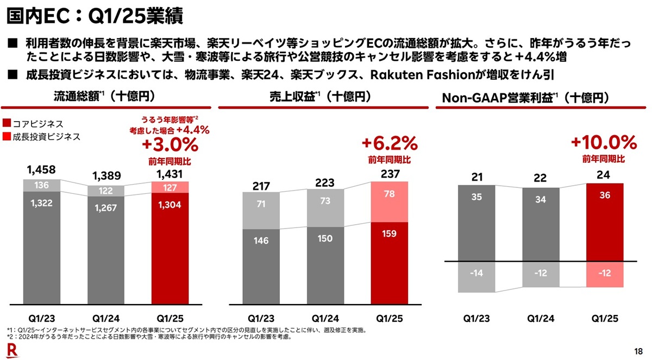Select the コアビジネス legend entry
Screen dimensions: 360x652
click(x=37, y=124)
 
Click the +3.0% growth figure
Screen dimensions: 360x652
click(x=170, y=146)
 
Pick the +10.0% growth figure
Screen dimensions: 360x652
click(x=603, y=143)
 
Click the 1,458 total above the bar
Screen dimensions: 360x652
click(x=41, y=170)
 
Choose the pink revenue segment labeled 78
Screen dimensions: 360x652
click(x=390, y=201)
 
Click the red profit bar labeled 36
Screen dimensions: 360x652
click(x=604, y=222)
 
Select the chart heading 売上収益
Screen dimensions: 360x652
click(x=321, y=97)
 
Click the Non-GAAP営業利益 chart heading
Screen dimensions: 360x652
click(x=525, y=98)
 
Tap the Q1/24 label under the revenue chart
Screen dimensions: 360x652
click(x=325, y=318)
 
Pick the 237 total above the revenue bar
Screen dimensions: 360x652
click(x=390, y=174)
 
